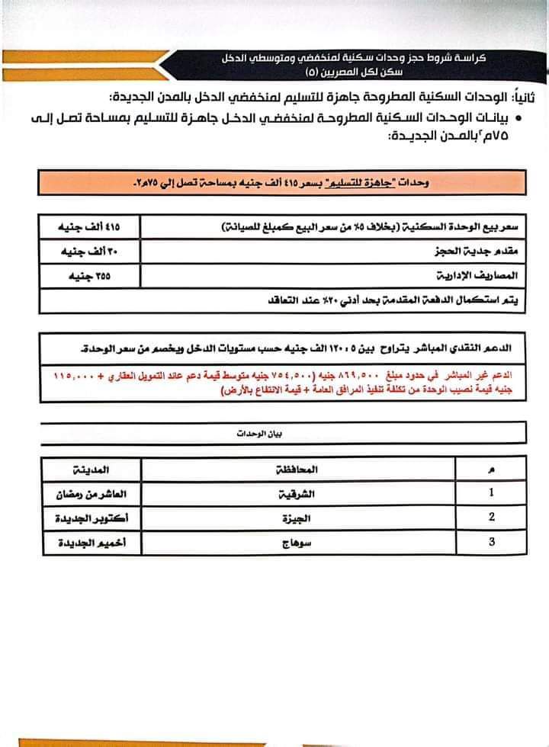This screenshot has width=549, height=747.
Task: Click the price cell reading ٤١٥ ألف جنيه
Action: tap(90, 226)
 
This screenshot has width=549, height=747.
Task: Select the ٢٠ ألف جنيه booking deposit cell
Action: tap(90, 250)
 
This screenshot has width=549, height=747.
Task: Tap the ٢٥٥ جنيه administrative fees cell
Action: tap(90, 274)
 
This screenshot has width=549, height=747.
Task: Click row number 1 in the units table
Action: tap(491, 492)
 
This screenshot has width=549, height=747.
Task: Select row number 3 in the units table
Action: tap(491, 542)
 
